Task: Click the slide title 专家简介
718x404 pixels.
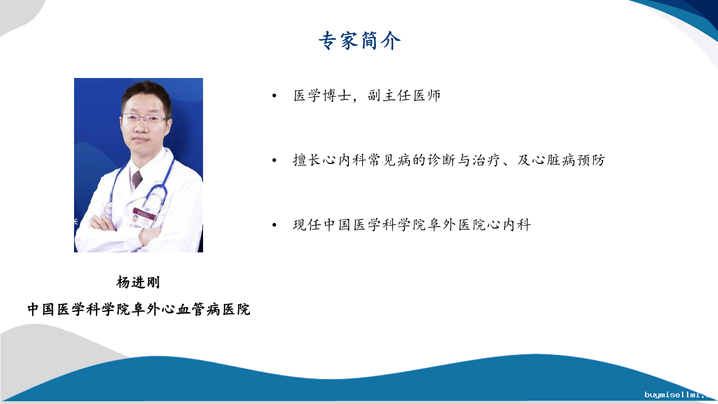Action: pos(360,41)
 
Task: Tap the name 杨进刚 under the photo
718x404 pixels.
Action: pos(138,282)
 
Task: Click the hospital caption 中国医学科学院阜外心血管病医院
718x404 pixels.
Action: pos(139,309)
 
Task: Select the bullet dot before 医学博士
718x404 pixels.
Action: pos(274,95)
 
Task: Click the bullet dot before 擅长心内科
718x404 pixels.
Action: pos(274,160)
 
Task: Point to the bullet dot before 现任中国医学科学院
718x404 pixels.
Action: pos(274,225)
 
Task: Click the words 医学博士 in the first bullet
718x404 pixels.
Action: pos(322,95)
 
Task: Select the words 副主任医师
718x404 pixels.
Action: pos(404,95)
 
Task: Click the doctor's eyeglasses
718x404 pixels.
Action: pos(144,119)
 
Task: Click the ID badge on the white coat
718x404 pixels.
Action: pos(143,217)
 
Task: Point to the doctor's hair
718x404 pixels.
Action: pos(146,93)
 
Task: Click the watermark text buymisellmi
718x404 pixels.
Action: pos(679,394)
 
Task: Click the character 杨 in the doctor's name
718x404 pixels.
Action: pos(123,282)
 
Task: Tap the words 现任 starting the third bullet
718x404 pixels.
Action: pos(307,225)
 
